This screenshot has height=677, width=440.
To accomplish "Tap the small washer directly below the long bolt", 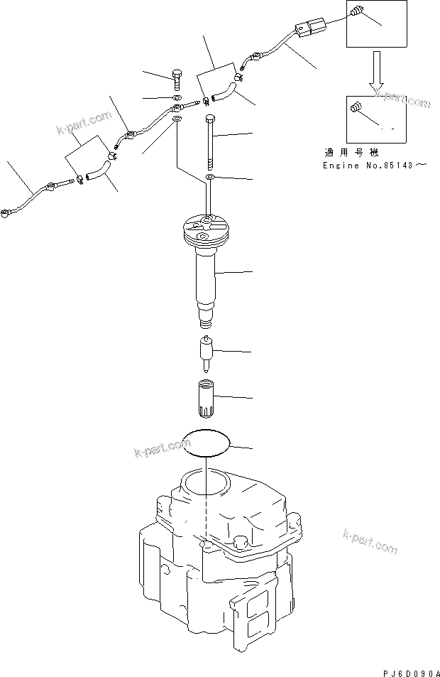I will click(209, 177).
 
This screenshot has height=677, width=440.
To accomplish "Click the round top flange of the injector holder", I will click(203, 231).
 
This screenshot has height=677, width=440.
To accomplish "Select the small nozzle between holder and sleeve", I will click(207, 352).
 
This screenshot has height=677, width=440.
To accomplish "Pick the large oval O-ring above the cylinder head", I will click(207, 443).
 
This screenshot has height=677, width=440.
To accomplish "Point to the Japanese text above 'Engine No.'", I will click(343, 152).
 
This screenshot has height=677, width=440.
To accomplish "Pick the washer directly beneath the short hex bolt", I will click(177, 98).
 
